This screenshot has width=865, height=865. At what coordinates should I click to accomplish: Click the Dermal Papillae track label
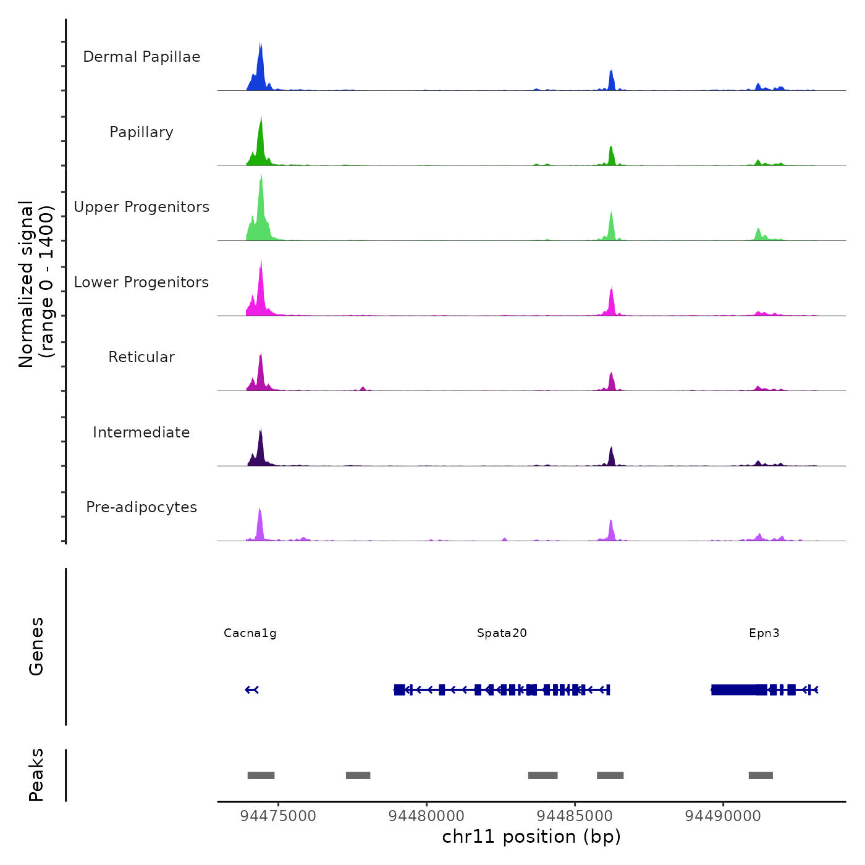tap(141, 57)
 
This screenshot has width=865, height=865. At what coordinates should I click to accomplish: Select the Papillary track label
tap(141, 132)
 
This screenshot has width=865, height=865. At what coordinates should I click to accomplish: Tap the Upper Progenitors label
tap(141, 207)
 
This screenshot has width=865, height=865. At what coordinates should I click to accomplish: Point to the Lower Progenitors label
tap(141, 282)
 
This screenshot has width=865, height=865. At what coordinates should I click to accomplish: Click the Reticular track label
tap(141, 357)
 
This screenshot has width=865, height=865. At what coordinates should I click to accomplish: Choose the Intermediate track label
tap(141, 432)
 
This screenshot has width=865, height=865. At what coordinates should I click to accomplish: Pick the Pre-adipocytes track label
tap(141, 507)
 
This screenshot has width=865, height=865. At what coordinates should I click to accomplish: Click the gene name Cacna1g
tap(250, 633)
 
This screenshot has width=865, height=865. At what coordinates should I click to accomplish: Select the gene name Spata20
tap(502, 633)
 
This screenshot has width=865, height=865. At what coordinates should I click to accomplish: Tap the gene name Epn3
tap(764, 633)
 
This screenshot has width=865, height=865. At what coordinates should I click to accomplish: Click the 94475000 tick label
tap(278, 816)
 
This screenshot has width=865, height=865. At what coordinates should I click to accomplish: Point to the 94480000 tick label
tap(426, 816)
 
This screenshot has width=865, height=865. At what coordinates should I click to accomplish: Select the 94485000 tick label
tap(575, 816)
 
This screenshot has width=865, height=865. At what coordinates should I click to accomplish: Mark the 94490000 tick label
tap(723, 816)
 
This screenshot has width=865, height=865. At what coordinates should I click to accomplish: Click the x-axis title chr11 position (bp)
tap(531, 837)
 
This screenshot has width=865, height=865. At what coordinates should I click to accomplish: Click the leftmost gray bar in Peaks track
tap(261, 775)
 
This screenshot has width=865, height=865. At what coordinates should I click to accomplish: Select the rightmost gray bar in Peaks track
tap(761, 775)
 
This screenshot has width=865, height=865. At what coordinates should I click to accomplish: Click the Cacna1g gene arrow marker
tap(251, 690)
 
